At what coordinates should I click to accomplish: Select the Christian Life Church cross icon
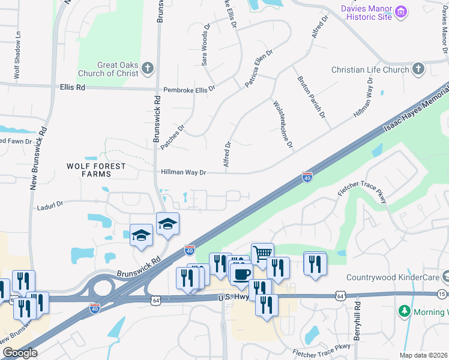pos(418,70)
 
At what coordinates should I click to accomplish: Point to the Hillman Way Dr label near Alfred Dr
pos(184,172)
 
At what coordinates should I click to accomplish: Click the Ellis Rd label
pos(73,87)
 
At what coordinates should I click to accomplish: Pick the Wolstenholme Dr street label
pos(283,125)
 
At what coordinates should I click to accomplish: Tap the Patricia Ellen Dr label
pos(259,68)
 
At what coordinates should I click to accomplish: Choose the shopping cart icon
pos(262,253)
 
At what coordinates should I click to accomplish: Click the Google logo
pos(20,352)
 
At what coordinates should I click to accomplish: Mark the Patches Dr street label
pos(173,135)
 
